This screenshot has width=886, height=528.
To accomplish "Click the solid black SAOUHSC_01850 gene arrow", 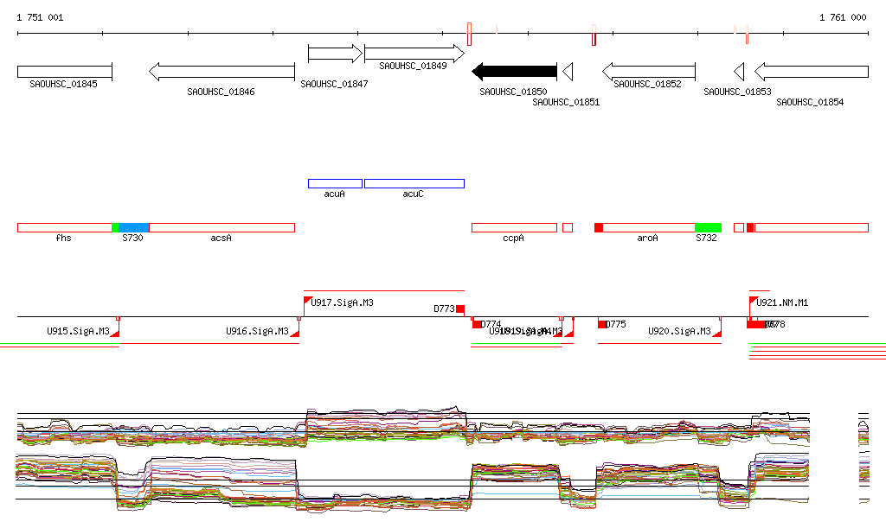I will (x=514, y=72).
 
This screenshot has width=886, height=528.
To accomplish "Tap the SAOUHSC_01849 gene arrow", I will (x=414, y=54).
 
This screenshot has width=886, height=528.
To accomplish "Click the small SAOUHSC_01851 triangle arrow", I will (x=568, y=72).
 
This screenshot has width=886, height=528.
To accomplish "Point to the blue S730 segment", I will (x=133, y=227).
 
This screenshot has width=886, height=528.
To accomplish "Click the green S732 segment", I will (x=708, y=227).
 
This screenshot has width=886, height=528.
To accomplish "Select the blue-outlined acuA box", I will (x=335, y=183).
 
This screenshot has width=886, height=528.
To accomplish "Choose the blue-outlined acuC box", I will (x=414, y=183).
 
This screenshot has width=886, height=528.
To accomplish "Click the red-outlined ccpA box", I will (x=514, y=227).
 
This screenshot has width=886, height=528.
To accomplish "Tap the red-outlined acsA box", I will (x=221, y=227).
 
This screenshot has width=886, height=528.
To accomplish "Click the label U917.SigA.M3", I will (x=342, y=302).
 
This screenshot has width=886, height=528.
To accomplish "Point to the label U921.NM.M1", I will (x=782, y=302).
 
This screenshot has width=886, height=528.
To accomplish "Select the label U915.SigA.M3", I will (x=78, y=331).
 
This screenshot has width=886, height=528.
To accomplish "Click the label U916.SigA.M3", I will (x=257, y=331).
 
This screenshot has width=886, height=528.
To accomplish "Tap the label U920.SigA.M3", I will (x=679, y=331).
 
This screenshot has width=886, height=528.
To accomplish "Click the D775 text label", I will (x=615, y=324).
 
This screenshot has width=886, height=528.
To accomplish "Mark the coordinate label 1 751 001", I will (x=40, y=17).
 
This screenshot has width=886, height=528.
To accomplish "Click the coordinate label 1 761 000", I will (x=843, y=17).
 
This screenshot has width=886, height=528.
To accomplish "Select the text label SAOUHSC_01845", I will (x=63, y=85).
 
